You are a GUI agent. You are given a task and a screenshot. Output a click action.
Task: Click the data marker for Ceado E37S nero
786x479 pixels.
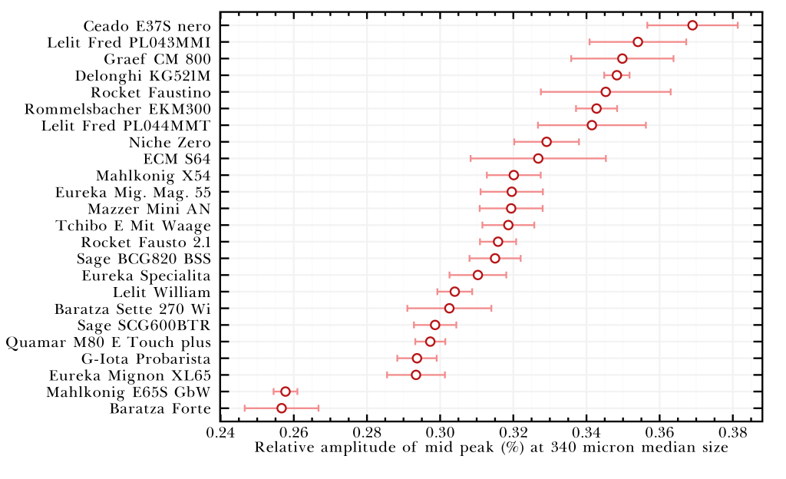692,25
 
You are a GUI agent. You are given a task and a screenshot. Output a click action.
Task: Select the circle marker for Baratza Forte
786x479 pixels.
282,408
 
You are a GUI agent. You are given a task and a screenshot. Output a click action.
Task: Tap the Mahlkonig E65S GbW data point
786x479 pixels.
286,391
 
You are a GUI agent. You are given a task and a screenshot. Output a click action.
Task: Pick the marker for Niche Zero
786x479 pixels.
547,142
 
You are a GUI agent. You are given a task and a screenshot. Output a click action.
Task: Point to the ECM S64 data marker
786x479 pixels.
538,158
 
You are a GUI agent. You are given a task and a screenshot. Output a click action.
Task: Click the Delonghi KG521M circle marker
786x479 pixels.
616,75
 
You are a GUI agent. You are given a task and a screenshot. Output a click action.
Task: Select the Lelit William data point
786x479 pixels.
454,292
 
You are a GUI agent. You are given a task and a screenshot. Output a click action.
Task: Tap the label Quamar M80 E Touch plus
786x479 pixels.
107,342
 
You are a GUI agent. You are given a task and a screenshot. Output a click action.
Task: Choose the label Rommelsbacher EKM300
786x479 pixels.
117,109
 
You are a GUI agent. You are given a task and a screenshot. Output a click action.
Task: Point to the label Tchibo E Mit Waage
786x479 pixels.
133,225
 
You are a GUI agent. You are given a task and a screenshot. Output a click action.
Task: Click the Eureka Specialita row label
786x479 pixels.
145,275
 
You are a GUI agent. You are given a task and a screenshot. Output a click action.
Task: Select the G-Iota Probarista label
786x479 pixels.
145,358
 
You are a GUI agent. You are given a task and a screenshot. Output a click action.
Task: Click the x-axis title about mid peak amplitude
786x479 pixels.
491,448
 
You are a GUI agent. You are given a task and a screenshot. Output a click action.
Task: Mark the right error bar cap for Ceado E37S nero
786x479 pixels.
738,25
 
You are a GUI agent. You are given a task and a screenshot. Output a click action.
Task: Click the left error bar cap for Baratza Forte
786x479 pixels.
245,408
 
